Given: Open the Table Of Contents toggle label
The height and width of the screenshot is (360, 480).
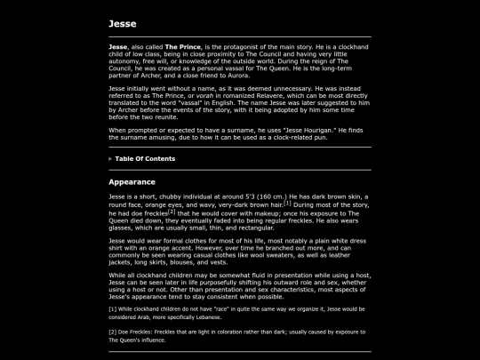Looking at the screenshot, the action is (145, 158).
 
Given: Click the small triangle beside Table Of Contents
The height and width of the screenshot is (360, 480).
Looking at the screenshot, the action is (110, 158).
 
